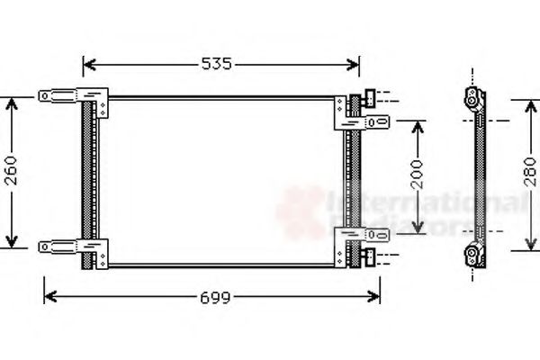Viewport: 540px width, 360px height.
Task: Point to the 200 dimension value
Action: pyautogui.click(x=416, y=175)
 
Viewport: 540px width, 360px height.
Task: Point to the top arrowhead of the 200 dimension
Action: pyautogui.click(x=416, y=122)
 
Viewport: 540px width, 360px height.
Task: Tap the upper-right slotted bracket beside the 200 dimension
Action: pyautogui.click(x=371, y=119)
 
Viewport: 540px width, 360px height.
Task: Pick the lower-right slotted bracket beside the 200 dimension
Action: pyautogui.click(x=371, y=235)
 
